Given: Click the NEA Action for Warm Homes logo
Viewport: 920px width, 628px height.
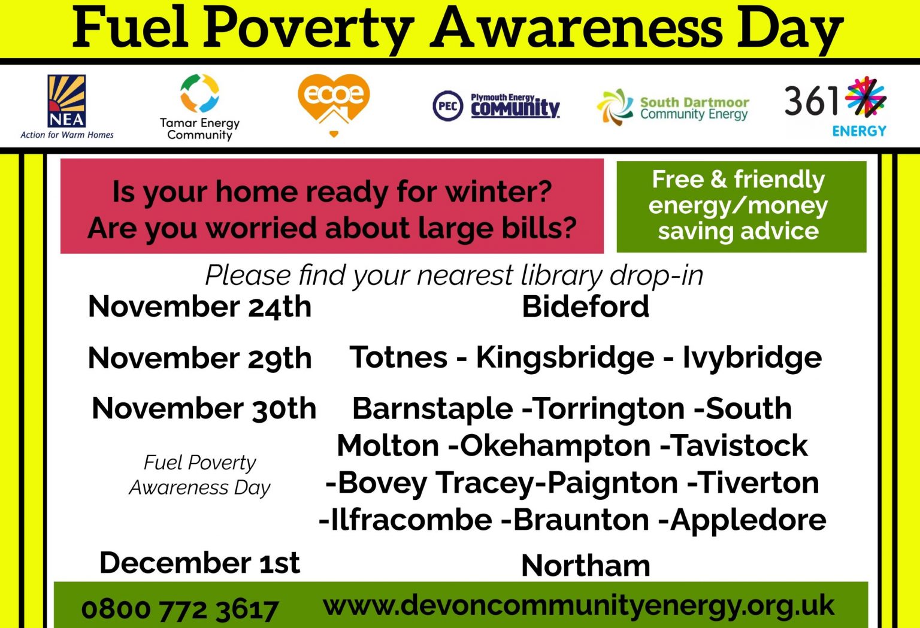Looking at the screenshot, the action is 66,107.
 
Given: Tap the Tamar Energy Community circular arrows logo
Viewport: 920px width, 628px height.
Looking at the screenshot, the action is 199,93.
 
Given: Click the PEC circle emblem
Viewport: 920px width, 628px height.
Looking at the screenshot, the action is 447,106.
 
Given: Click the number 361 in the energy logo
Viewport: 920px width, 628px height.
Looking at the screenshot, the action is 811,101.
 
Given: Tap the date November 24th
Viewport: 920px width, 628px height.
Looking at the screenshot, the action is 199,307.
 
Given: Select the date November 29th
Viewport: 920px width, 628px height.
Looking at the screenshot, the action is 199,359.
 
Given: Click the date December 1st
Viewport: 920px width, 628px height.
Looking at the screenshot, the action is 199,562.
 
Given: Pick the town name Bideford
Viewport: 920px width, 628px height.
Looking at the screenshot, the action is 585,307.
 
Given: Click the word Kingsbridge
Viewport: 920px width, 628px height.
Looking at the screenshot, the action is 565,359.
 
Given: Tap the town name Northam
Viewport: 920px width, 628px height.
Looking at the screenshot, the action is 586,566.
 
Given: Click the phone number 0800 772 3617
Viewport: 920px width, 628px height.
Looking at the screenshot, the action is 180,609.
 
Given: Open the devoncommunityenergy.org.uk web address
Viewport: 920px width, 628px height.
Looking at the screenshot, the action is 579,606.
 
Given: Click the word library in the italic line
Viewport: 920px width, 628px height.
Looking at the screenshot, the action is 562,275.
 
